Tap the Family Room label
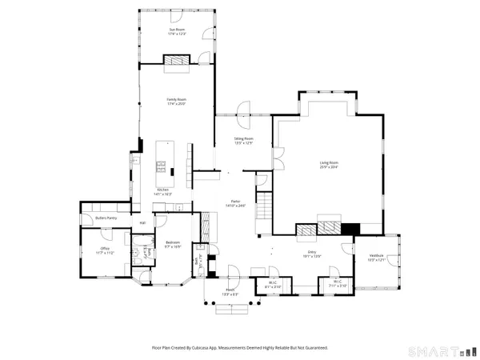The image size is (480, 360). [177, 101]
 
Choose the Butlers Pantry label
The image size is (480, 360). [106, 218]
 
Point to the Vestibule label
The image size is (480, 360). [376, 258]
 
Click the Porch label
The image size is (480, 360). [230, 292]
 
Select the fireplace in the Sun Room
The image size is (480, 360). [177, 60]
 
